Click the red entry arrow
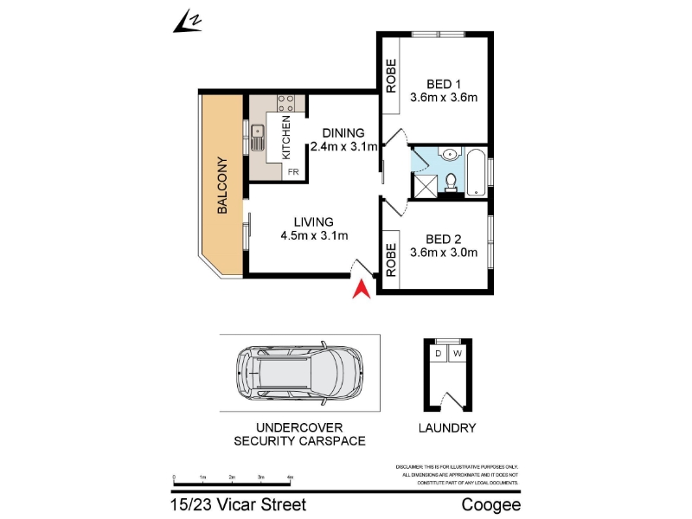362,290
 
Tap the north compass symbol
189,22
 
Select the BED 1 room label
444,84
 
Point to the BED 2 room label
444,240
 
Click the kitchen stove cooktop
285,103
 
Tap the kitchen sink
257,138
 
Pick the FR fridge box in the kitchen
293,171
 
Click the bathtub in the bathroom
477,173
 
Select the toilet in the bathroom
451,183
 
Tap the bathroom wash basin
450,154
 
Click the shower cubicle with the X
425,186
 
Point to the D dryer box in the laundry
438,354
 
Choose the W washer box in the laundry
458,354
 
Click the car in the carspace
300,373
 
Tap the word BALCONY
222,185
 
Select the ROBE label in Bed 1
391,76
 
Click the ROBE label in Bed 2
391,260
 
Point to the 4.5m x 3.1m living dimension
314,235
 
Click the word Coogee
491,505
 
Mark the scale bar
232,481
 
